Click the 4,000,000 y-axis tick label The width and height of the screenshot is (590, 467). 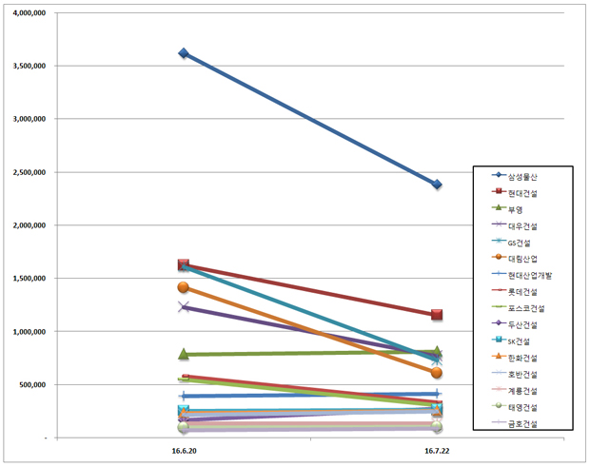(29, 13)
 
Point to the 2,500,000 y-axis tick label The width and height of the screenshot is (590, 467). (29, 172)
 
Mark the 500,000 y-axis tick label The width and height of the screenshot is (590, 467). (32, 385)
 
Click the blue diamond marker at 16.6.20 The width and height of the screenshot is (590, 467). (184, 53)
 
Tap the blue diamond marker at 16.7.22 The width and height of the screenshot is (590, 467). (437, 185)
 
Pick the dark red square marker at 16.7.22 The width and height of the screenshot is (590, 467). (437, 315)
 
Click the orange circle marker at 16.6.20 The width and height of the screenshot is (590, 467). (184, 287)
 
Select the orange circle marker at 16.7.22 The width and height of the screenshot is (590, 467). (437, 373)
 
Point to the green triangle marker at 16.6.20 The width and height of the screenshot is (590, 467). (184, 354)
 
